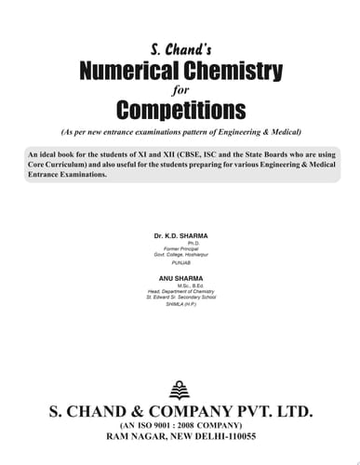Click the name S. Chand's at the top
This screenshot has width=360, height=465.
179,47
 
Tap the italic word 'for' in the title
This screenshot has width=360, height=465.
180,89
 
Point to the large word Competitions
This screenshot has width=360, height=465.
180,110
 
